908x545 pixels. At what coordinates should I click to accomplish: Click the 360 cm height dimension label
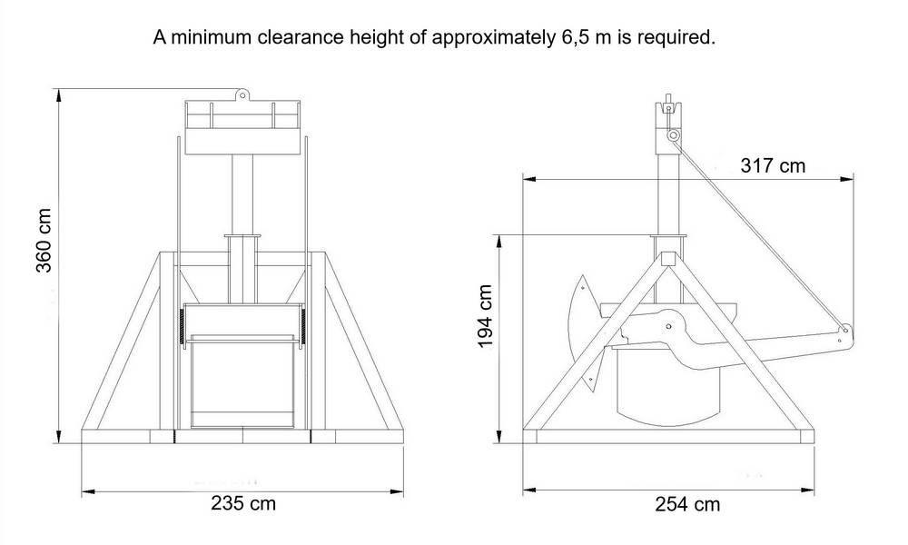44,240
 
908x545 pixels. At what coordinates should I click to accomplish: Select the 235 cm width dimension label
243,502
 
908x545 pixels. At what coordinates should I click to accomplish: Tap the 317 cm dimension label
773,165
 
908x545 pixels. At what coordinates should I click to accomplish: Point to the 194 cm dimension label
485,316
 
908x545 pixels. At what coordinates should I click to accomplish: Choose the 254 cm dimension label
687,504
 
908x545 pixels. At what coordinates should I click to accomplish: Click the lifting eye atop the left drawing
242,94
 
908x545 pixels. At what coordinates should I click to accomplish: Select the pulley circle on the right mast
673,135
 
